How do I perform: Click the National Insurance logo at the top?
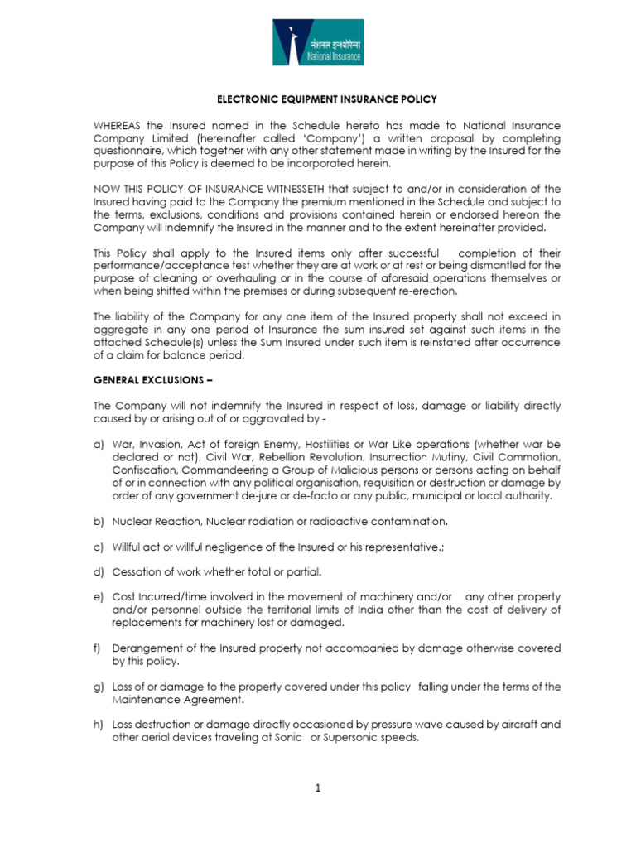pyautogui.click(x=318, y=43)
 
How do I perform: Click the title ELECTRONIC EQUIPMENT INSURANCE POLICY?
pyautogui.click(x=326, y=99)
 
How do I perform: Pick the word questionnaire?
pyautogui.click(x=129, y=151)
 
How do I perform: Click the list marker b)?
pyautogui.click(x=99, y=521)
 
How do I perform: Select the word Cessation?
pyautogui.click(x=138, y=571)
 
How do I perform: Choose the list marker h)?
pyautogui.click(x=99, y=725)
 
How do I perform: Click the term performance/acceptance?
pyautogui.click(x=162, y=265)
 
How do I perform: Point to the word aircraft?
pyautogui.click(x=504, y=725)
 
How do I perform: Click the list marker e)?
pyautogui.click(x=99, y=597)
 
